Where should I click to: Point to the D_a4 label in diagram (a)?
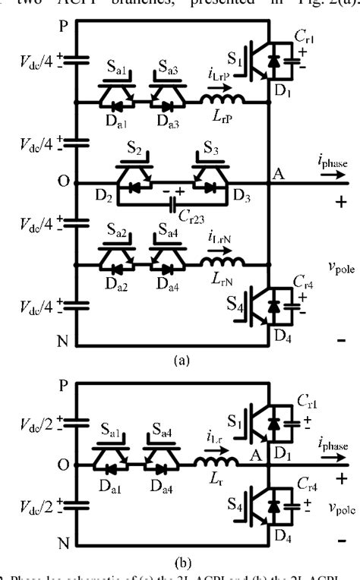pos(167,291)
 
